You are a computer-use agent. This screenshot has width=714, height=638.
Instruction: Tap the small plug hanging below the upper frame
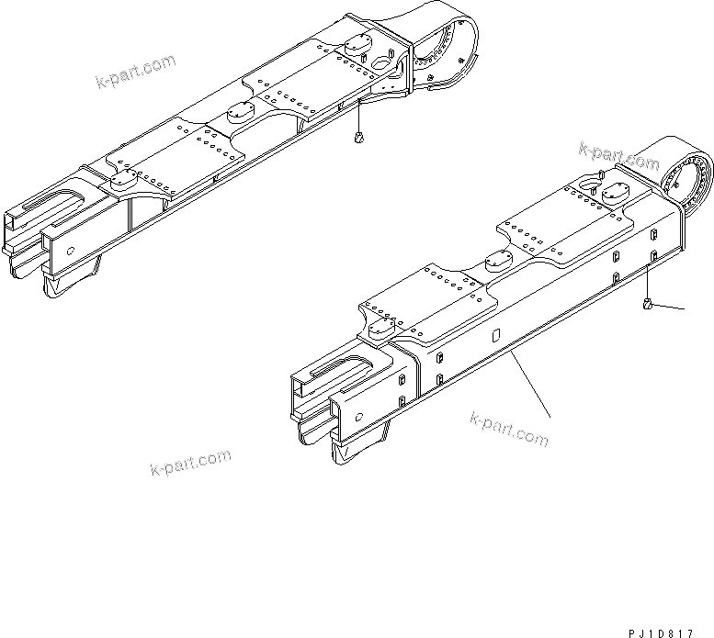(x=357, y=139)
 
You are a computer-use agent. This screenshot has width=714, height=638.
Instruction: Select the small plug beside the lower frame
(x=649, y=304)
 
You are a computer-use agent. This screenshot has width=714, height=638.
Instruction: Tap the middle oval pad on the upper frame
(x=240, y=112)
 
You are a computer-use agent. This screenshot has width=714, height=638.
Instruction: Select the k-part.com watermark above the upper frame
(x=135, y=73)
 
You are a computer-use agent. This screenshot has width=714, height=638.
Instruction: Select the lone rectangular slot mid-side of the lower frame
(x=496, y=335)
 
